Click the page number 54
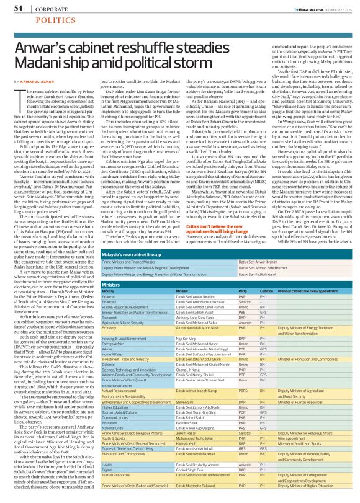coord(19,8)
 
